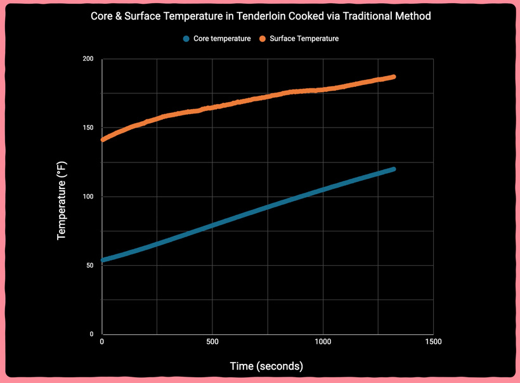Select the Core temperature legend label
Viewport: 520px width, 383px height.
(222, 39)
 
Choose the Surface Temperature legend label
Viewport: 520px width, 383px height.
(304, 39)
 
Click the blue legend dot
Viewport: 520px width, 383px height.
(186, 39)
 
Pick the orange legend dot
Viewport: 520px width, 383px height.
(263, 39)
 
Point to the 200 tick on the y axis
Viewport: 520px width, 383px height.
(88, 59)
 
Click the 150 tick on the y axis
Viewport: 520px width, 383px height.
(88, 128)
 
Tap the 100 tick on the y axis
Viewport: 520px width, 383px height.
(88, 197)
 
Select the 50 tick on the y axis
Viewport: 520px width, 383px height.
(89, 265)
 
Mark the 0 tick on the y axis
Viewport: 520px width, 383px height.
(91, 334)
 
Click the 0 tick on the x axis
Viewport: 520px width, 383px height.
(102, 342)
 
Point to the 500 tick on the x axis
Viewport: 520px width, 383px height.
(212, 342)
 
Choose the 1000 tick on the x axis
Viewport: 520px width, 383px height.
(323, 342)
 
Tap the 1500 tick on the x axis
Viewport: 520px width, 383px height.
(433, 342)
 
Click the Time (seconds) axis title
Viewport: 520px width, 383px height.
(266, 366)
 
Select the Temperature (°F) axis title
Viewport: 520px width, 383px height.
(62, 200)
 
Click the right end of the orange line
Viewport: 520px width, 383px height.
(393, 77)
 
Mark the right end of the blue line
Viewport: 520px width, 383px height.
(393, 169)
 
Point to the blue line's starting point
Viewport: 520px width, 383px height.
(103, 260)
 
